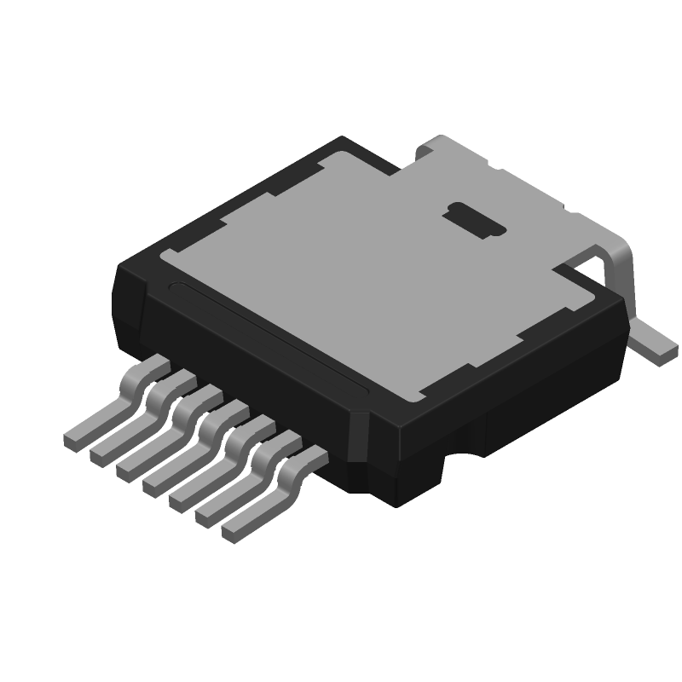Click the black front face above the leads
(256, 375)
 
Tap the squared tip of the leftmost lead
(73, 440)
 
